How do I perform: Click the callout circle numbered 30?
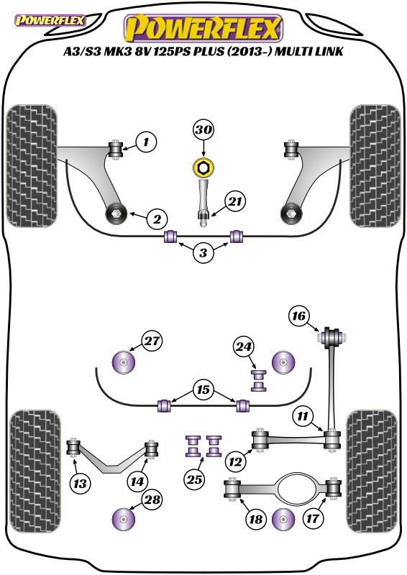pyautogui.click(x=203, y=129)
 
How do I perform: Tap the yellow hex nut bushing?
pyautogui.click(x=203, y=167)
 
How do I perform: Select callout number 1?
pyautogui.click(x=146, y=142)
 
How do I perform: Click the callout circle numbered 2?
pyautogui.click(x=157, y=219)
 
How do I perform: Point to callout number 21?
pyautogui.click(x=235, y=201)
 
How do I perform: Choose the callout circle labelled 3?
pyautogui.click(x=203, y=252)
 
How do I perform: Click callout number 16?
pyautogui.click(x=298, y=316)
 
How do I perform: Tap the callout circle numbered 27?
pyautogui.click(x=152, y=341)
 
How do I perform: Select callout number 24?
pyautogui.click(x=244, y=346)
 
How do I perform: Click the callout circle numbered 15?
pyautogui.click(x=203, y=390)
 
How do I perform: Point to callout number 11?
pyautogui.click(x=303, y=416)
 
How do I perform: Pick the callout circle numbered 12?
pyautogui.click(x=235, y=461)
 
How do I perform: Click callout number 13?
pyautogui.click(x=80, y=484)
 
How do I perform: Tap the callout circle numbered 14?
pyautogui.click(x=137, y=482)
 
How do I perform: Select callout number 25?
pyautogui.click(x=194, y=479)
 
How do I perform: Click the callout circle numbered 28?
pyautogui.click(x=152, y=500)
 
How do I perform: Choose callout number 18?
pyautogui.click(x=256, y=518)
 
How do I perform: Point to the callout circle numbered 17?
pyautogui.click(x=313, y=518)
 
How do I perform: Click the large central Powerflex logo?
pyautogui.click(x=203, y=28)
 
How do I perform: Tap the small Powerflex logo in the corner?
pyautogui.click(x=50, y=20)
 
